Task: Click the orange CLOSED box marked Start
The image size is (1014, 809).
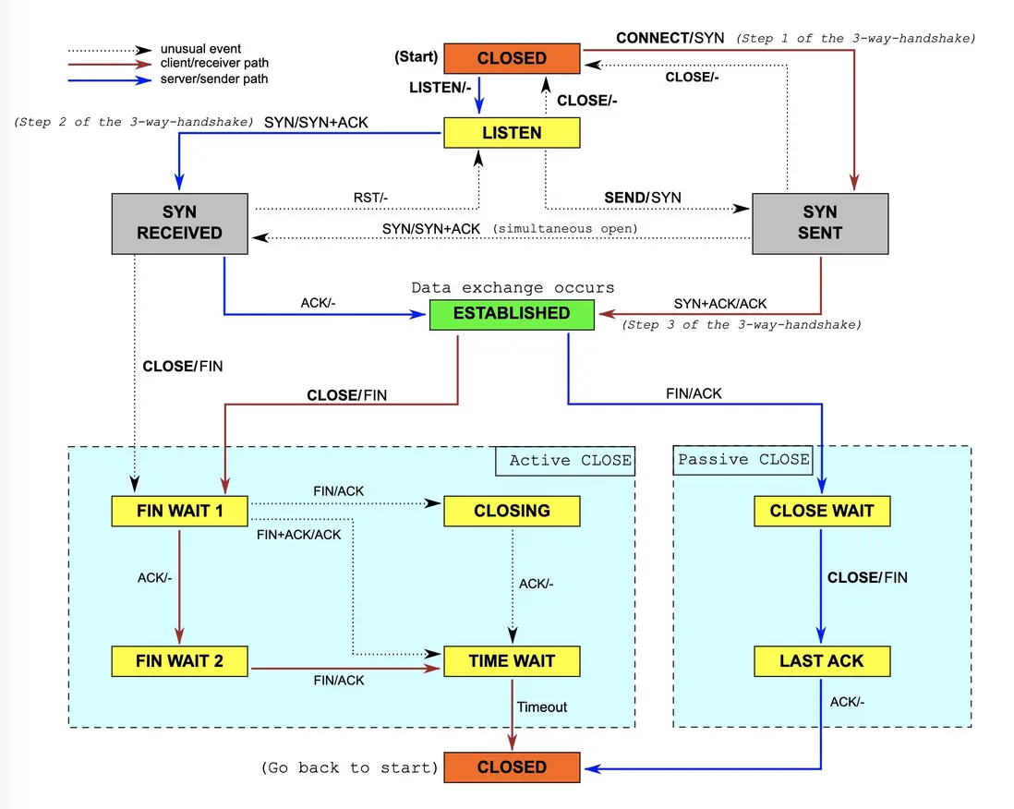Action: pyautogui.click(x=512, y=58)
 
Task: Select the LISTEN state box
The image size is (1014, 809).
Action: pyautogui.click(x=512, y=132)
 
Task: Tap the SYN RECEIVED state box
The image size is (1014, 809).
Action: pyautogui.click(x=179, y=223)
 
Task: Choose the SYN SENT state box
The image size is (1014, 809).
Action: pyautogui.click(x=819, y=223)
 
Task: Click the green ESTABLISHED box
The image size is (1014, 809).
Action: pyautogui.click(x=512, y=313)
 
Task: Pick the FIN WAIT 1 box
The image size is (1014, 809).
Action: pyautogui.click(x=179, y=511)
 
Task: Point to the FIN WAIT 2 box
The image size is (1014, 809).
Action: pyautogui.click(x=179, y=661)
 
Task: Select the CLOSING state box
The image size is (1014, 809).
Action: pyautogui.click(x=512, y=511)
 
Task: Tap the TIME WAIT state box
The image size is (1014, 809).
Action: pyautogui.click(x=512, y=661)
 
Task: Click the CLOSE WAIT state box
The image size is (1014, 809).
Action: pyautogui.click(x=821, y=511)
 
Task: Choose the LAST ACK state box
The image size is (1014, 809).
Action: pyautogui.click(x=821, y=661)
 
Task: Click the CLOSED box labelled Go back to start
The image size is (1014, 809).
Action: pyautogui.click(x=512, y=767)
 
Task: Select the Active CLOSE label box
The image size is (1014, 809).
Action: pyautogui.click(x=565, y=461)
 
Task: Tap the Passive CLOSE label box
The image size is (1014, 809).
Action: pyautogui.click(x=743, y=460)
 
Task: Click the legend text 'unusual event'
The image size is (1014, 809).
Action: pyautogui.click(x=201, y=49)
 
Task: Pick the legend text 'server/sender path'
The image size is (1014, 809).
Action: pyautogui.click(x=214, y=79)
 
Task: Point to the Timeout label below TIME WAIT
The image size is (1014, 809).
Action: pyautogui.click(x=542, y=706)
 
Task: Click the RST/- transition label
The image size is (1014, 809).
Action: pyautogui.click(x=372, y=197)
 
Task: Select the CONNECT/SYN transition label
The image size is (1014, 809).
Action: pyautogui.click(x=669, y=38)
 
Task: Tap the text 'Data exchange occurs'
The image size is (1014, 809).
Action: pyautogui.click(x=513, y=287)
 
